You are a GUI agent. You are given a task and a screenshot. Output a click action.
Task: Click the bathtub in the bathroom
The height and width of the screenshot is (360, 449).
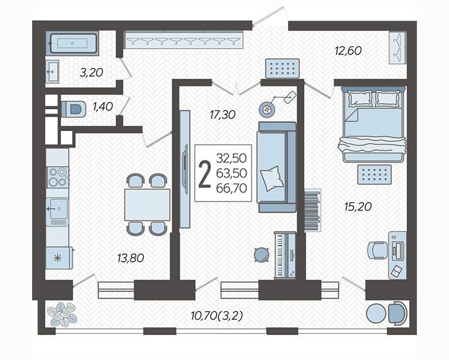coord(73,43)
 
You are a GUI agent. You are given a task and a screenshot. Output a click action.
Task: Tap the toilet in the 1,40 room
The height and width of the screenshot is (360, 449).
coord(74,109)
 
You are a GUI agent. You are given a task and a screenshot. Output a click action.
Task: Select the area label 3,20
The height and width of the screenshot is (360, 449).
coord(91,73)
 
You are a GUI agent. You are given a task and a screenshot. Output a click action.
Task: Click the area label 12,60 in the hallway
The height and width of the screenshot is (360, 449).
coord(348,51)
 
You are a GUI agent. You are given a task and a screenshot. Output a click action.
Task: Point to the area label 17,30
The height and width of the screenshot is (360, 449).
coord(223,115)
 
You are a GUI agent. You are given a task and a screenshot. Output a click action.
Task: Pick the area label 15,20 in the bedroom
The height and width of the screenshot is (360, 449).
coord(358,206)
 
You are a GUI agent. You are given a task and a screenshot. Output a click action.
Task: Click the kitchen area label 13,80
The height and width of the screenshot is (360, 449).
coord(131,258)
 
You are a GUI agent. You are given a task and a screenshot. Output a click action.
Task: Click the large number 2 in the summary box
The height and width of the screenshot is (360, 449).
coord(205,174)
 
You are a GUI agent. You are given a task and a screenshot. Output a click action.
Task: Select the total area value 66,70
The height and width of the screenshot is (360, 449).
coord(232,188)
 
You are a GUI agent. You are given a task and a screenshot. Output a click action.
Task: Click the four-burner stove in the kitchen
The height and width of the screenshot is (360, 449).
coord(58,177)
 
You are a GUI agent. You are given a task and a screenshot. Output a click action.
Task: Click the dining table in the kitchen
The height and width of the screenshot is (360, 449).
coord(147,205)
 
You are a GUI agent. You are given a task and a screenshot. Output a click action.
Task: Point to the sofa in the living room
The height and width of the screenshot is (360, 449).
coord(276,167)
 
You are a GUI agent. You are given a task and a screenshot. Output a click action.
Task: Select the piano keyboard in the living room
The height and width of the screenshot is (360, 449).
coord(285,255)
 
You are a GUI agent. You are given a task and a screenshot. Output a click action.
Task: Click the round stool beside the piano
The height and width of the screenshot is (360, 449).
coord(262,255)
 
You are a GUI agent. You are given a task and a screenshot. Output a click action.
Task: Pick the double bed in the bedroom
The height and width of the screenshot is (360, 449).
coord(373,124)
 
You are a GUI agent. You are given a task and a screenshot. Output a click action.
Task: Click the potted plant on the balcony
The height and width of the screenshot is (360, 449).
coord(62,314)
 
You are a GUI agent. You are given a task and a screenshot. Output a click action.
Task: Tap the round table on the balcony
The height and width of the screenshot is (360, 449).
coord(376,313)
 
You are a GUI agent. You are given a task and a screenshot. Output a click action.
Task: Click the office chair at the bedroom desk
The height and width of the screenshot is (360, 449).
coord(377,250)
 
